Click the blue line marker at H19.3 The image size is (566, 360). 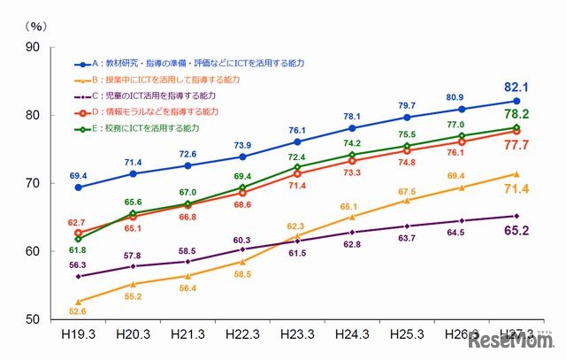tap(79, 187)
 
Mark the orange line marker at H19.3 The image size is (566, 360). tap(79, 302)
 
